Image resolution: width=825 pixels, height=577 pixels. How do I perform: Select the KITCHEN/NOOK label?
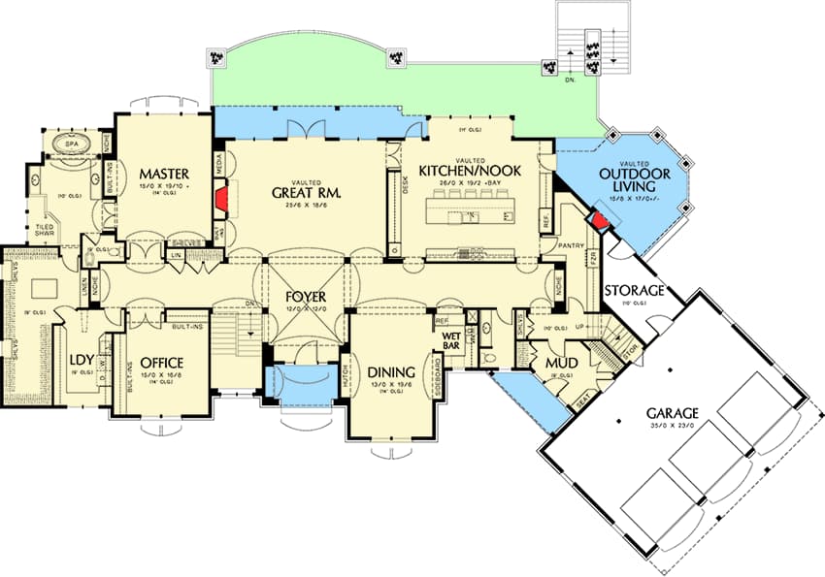point(470,171)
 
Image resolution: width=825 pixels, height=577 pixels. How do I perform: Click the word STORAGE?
point(634,291)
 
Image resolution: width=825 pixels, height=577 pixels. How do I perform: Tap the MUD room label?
point(560,364)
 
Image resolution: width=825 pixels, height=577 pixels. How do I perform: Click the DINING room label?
point(391,371)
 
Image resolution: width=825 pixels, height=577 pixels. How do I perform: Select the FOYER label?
point(305,297)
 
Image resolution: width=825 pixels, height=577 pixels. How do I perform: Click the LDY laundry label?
point(81,363)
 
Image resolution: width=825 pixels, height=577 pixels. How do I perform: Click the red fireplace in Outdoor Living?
point(601,220)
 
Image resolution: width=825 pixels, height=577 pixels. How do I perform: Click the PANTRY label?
point(571,246)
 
